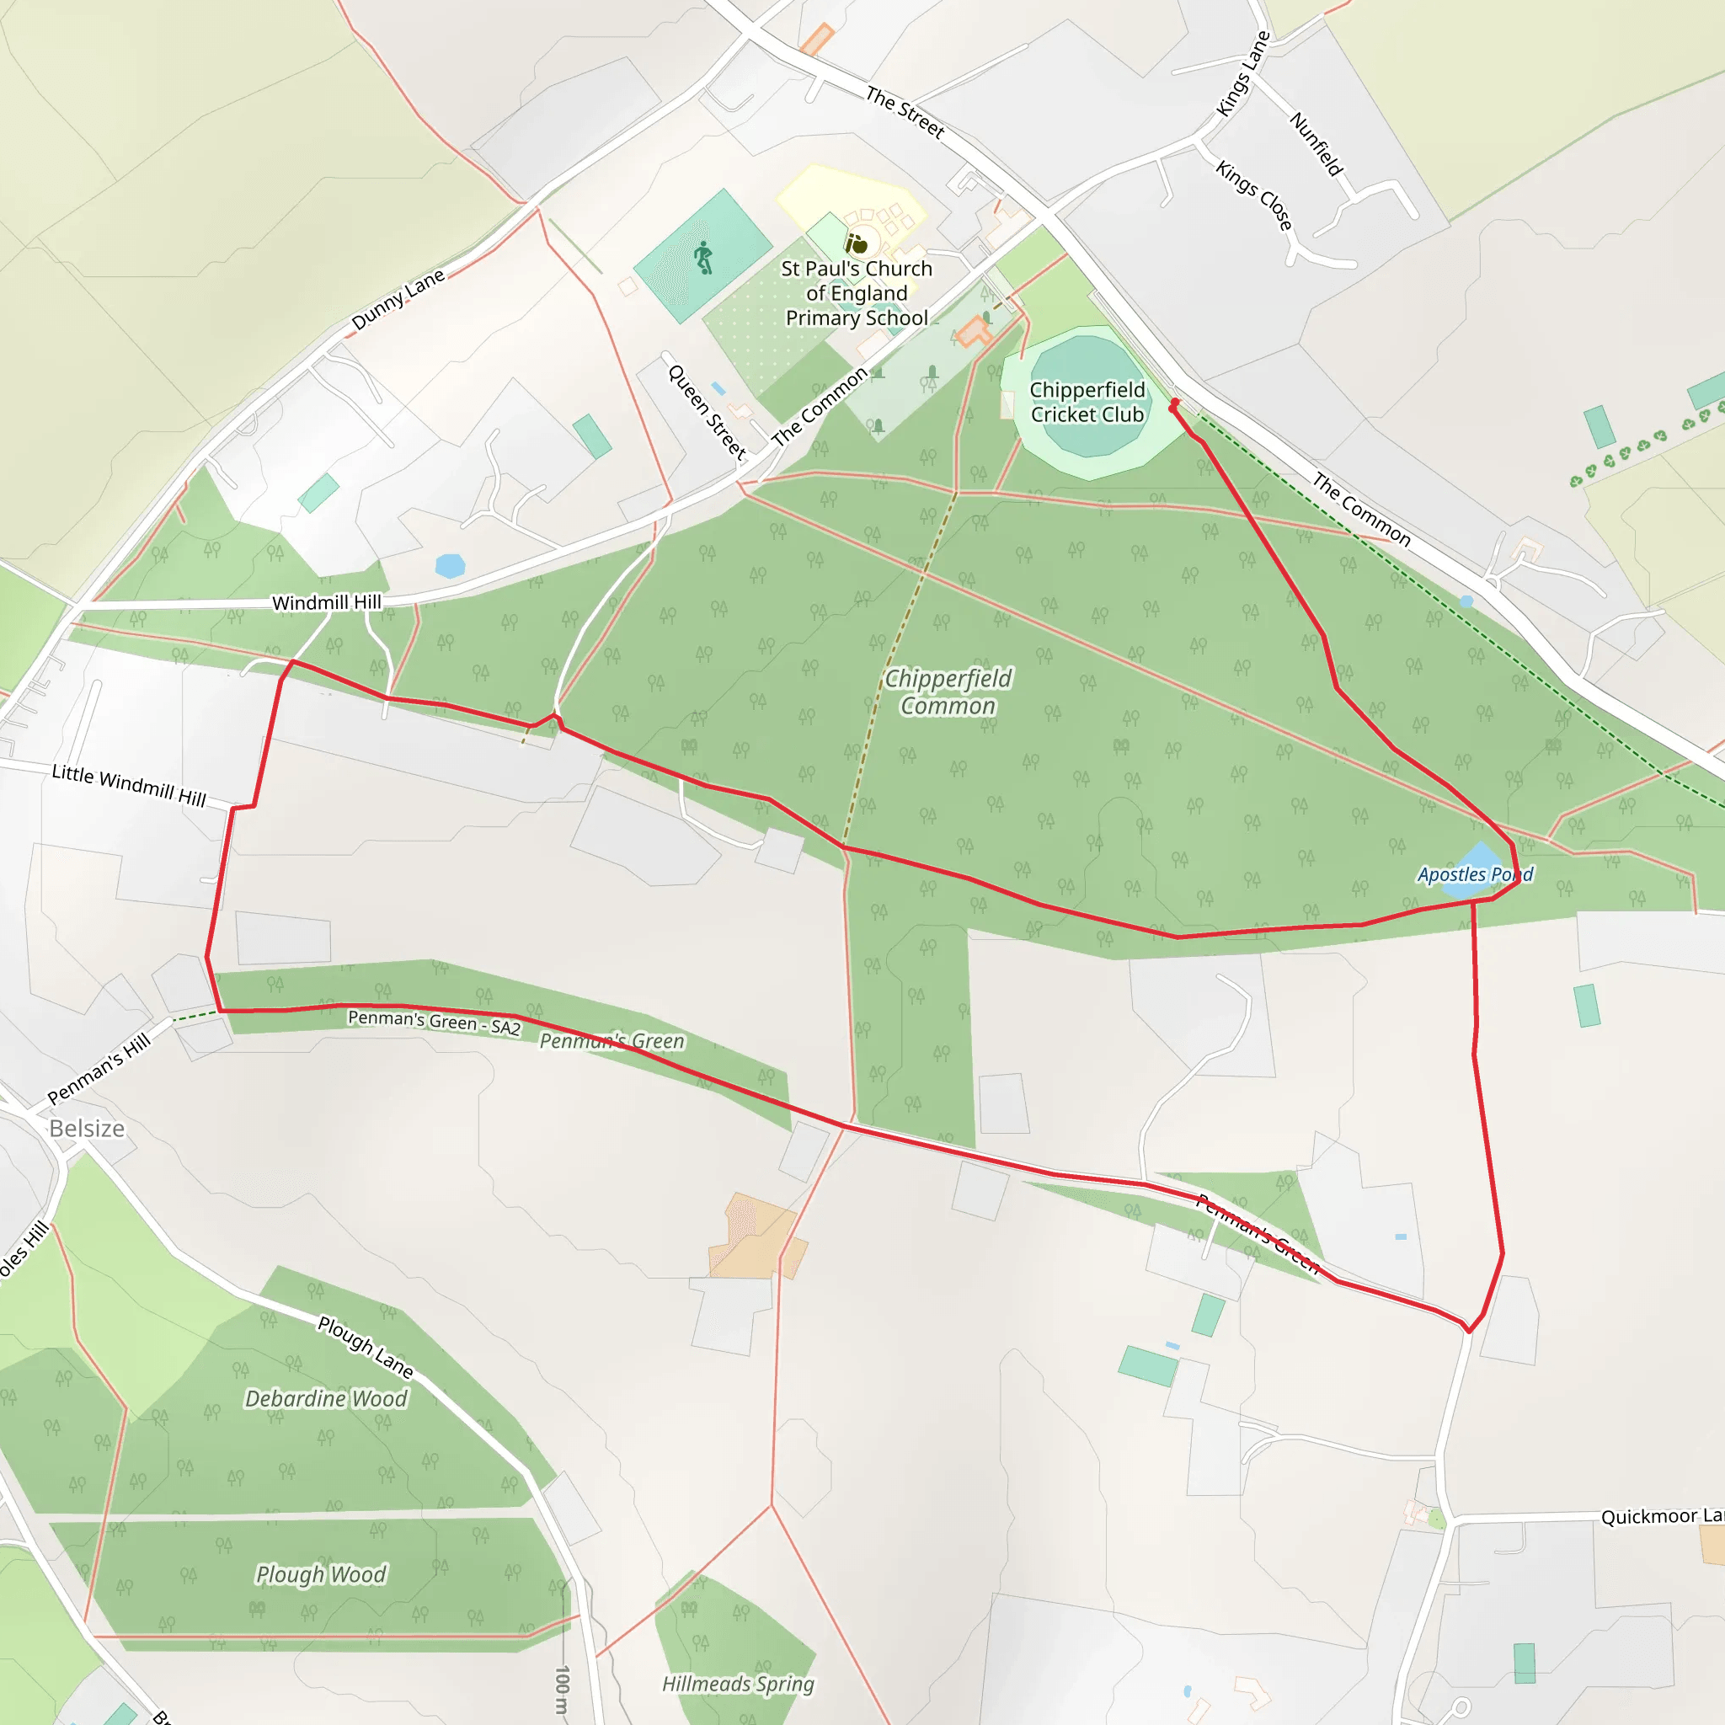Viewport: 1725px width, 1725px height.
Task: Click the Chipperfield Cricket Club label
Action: (1087, 402)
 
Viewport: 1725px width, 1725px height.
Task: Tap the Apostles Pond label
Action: (1474, 874)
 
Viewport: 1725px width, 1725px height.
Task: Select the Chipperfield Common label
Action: (948, 692)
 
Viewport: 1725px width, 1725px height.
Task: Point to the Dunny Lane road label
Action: (398, 299)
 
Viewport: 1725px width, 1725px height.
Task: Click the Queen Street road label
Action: (706, 412)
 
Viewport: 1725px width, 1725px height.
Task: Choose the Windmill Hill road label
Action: (326, 603)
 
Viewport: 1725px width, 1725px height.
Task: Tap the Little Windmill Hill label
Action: (129, 785)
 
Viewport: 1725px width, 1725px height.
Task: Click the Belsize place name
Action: (87, 1129)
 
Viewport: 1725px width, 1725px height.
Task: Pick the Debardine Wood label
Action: (326, 1398)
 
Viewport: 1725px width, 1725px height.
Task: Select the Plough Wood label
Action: (321, 1574)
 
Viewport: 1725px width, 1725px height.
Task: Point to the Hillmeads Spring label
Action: (738, 1684)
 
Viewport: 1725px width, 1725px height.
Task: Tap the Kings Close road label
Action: (1253, 195)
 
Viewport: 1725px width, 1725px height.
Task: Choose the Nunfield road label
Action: (1316, 143)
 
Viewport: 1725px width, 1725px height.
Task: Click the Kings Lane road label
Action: (1243, 74)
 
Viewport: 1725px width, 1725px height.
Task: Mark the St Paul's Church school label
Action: (857, 293)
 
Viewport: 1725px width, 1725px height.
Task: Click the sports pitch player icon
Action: (703, 257)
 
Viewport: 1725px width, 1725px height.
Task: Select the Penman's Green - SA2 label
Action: (434, 1021)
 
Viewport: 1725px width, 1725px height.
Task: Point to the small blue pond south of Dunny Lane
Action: (450, 565)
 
